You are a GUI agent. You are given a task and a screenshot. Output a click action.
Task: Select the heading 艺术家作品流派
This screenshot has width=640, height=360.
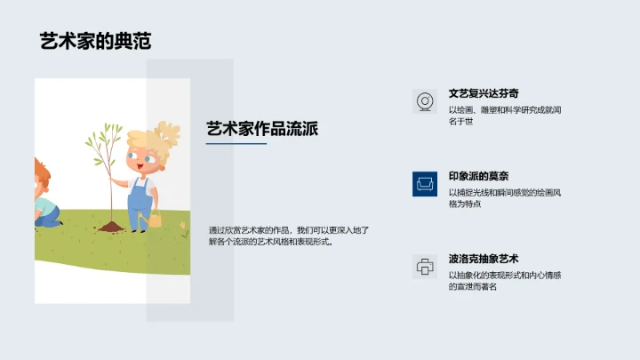click(x=261, y=128)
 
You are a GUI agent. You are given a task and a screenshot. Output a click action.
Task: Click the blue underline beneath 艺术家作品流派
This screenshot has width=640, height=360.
click(x=236, y=144)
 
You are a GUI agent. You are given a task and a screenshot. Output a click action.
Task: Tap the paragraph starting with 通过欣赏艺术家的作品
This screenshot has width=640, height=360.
click(x=288, y=236)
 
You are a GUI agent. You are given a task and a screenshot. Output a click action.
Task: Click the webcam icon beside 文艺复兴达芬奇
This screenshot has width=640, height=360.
click(x=425, y=101)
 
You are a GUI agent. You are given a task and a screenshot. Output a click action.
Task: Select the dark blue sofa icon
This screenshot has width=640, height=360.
click(x=425, y=183)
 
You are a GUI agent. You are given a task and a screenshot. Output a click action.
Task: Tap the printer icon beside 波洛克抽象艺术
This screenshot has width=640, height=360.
click(x=425, y=266)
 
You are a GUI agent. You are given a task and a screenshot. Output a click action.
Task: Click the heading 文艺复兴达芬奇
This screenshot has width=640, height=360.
click(x=484, y=92)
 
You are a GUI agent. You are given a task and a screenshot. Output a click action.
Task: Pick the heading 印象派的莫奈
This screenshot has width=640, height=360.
click(x=478, y=176)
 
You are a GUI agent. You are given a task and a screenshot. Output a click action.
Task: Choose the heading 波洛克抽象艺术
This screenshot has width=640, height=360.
click(x=484, y=259)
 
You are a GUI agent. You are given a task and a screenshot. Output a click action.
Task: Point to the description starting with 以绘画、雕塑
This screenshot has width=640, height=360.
click(x=504, y=116)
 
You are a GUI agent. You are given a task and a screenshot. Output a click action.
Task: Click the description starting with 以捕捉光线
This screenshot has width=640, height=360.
click(x=503, y=197)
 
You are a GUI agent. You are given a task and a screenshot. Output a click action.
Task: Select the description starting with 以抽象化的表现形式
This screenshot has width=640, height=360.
click(x=504, y=281)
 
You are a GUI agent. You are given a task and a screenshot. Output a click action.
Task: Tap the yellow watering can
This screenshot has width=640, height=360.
click(x=155, y=219)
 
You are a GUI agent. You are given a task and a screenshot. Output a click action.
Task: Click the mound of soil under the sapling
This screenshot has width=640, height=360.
click(x=110, y=228)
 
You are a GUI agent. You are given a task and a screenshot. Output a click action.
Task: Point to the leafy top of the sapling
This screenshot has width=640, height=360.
click(x=105, y=139)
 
